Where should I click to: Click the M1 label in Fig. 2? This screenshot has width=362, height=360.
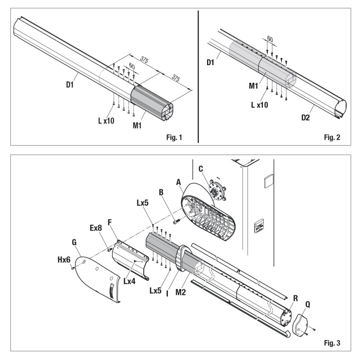click(x=254, y=86)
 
